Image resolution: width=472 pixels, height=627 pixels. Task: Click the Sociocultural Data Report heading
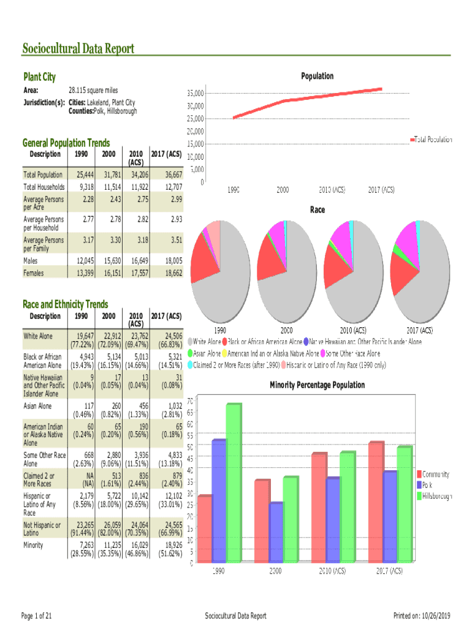pos(78,49)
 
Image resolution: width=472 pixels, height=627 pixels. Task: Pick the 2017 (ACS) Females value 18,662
pos(170,273)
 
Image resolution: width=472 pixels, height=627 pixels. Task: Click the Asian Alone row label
pos(38,407)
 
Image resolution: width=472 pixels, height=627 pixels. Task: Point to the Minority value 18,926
pos(170,544)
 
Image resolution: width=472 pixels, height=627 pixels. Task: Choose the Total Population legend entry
pos(433,140)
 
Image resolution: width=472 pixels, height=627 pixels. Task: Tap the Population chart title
pos(317,76)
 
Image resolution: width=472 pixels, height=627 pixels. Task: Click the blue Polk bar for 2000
pos(276,531)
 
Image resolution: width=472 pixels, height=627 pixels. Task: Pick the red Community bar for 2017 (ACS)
pos(376,501)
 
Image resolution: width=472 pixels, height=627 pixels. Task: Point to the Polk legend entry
pos(428,484)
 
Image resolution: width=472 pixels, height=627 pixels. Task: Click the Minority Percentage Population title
pos(317,385)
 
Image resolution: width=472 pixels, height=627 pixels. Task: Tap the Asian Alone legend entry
pos(205,354)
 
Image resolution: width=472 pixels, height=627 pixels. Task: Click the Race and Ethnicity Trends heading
pos(65,304)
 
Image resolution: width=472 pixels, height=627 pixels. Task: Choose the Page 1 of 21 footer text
pos(36,615)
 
